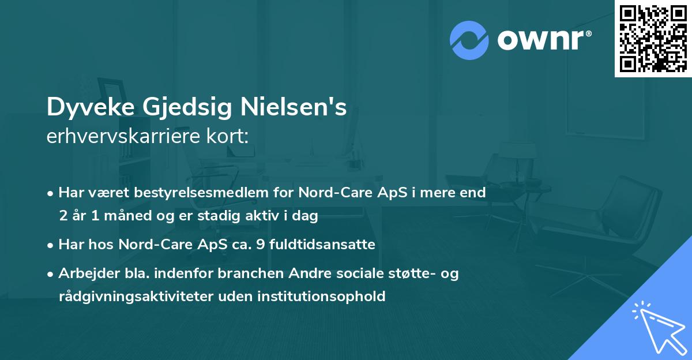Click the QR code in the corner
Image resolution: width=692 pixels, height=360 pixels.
tap(653, 38)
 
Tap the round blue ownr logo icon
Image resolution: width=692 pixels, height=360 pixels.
tap(469, 40)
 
